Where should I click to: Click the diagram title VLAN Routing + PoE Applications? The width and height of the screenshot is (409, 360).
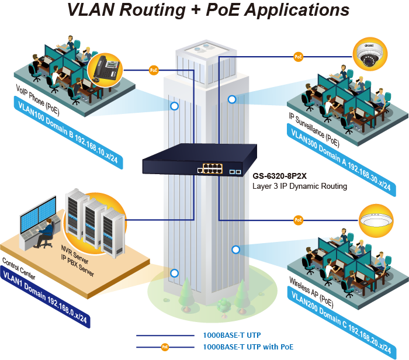click(208, 11)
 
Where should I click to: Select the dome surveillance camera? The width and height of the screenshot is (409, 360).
click(372, 55)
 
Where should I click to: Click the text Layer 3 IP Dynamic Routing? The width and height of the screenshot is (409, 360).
click(300, 186)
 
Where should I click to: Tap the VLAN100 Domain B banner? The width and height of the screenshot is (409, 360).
click(70, 131)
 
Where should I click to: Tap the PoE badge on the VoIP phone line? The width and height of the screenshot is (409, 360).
click(154, 70)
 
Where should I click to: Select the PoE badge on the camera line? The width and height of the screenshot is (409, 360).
click(299, 57)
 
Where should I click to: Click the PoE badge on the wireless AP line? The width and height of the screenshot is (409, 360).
click(299, 220)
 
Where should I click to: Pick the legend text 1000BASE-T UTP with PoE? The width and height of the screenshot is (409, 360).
click(248, 347)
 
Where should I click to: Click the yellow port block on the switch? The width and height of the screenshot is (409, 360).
click(209, 169)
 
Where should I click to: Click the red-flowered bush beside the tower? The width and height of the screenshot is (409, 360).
click(223, 304)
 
